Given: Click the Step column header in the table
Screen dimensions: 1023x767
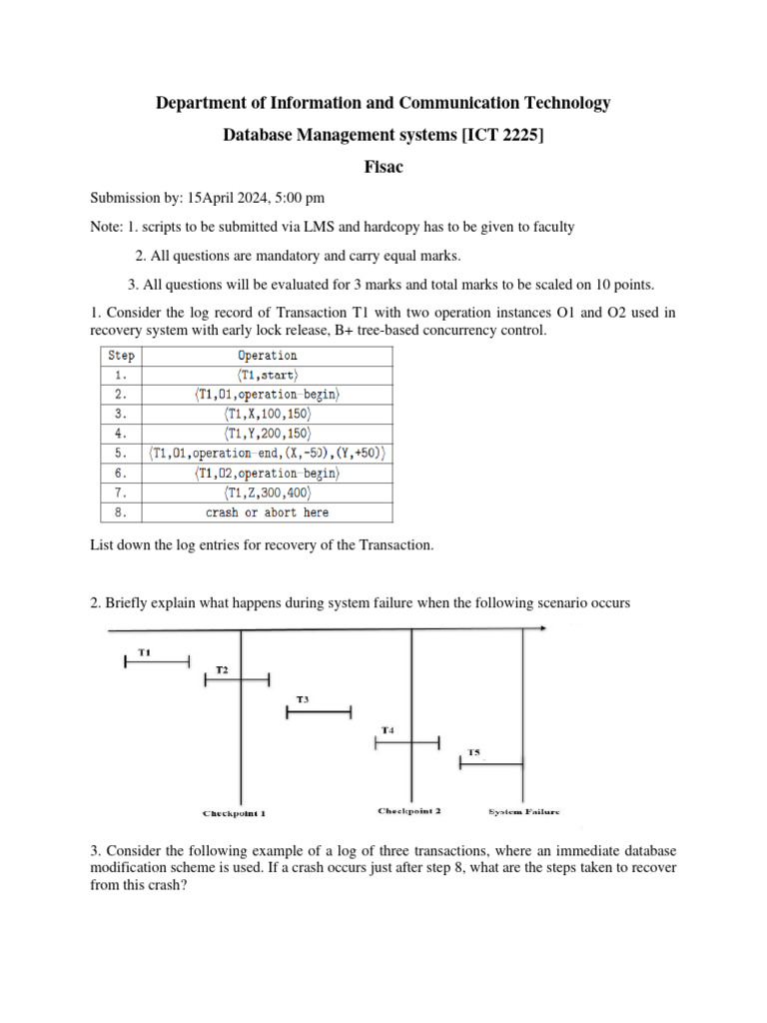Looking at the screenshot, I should (x=123, y=355).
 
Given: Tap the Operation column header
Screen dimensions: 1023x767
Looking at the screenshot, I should (x=267, y=355).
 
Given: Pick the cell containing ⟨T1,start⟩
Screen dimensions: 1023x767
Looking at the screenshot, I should (x=267, y=375).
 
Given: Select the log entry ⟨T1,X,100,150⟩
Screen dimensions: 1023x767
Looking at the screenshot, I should (x=267, y=414).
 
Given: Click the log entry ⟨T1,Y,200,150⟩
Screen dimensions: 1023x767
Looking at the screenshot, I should (x=267, y=434).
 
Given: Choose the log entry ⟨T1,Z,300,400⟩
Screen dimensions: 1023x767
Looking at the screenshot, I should (x=267, y=493).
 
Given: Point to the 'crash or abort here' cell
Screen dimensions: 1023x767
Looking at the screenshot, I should (x=267, y=512).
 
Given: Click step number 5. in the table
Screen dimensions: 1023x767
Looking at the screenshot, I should (x=123, y=454).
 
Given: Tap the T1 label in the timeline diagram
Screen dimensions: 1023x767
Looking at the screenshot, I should (x=144, y=652).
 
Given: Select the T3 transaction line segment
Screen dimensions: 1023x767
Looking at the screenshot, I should (x=319, y=712).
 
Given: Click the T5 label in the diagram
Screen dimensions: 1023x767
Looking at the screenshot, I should (x=474, y=751).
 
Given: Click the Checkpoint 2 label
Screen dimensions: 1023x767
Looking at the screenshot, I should (x=409, y=810).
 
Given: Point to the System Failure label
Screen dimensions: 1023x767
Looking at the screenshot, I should (x=524, y=811).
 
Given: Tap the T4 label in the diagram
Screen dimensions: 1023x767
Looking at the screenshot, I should (x=387, y=730).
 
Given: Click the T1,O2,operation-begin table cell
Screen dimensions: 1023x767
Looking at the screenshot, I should (x=267, y=473).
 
